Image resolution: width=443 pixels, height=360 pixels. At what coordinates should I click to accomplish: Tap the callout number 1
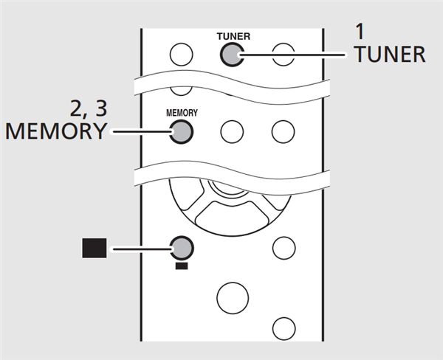click(x=360, y=32)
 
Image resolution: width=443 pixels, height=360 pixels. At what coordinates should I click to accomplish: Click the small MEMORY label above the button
click(x=181, y=114)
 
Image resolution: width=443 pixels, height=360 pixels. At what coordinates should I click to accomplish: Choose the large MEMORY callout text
click(x=55, y=131)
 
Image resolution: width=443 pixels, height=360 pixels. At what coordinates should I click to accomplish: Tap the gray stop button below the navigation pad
click(x=180, y=246)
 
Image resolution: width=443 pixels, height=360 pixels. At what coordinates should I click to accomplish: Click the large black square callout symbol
click(x=94, y=248)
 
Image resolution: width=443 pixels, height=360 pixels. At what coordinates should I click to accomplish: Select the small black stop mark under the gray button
click(x=181, y=264)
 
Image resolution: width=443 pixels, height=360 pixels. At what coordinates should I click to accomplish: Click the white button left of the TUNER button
click(x=181, y=54)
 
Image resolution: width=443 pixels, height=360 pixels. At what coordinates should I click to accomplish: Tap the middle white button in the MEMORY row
click(x=232, y=131)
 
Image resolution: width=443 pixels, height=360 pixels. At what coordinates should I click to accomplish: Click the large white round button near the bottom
click(x=231, y=297)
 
